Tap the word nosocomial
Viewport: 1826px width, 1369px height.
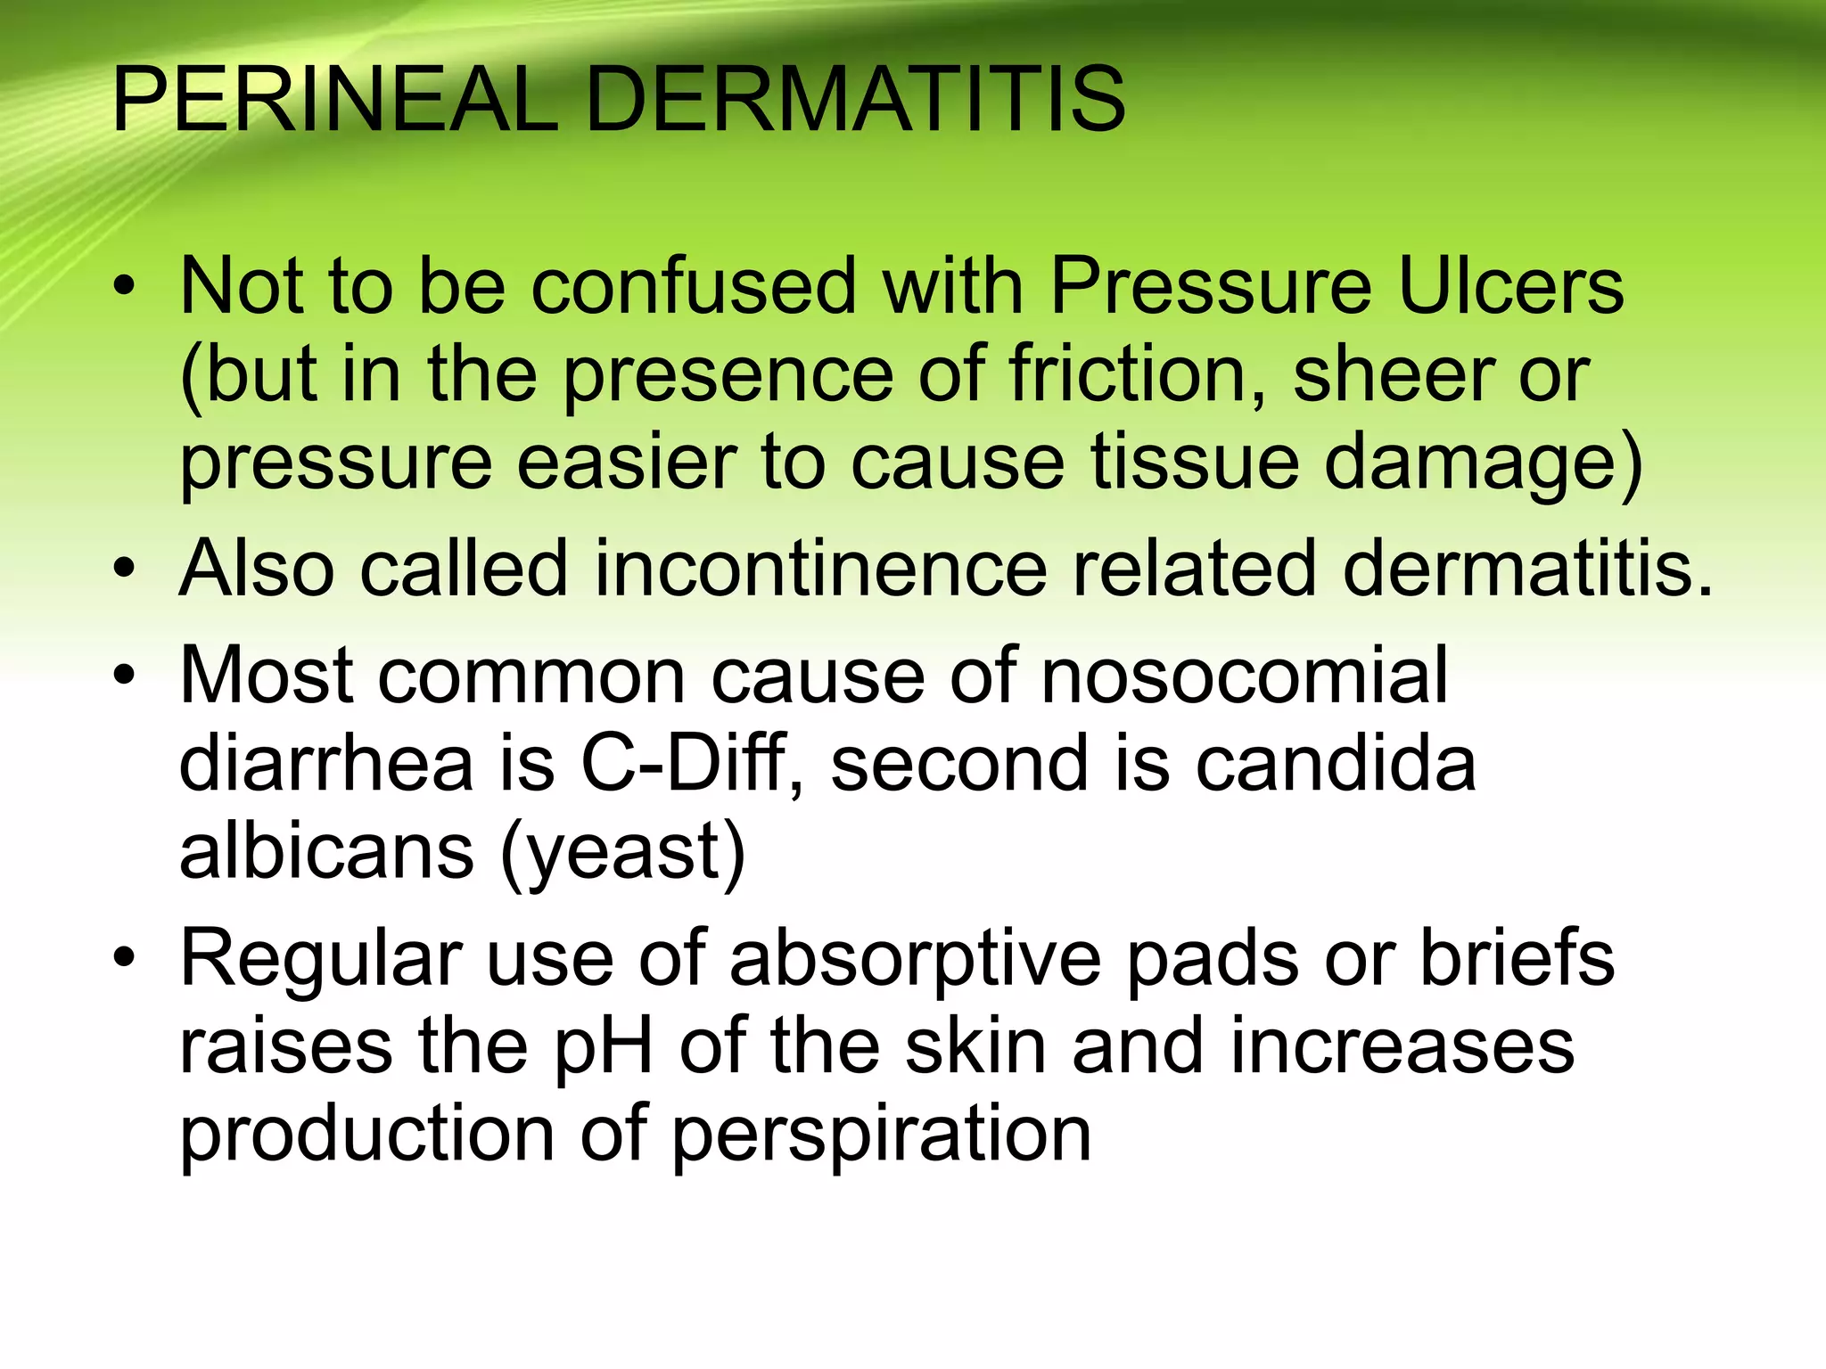pos(1244,676)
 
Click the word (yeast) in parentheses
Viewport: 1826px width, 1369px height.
pos(622,854)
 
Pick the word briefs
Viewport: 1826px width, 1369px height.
pos(1517,958)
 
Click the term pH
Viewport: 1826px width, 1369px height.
pos(604,1048)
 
